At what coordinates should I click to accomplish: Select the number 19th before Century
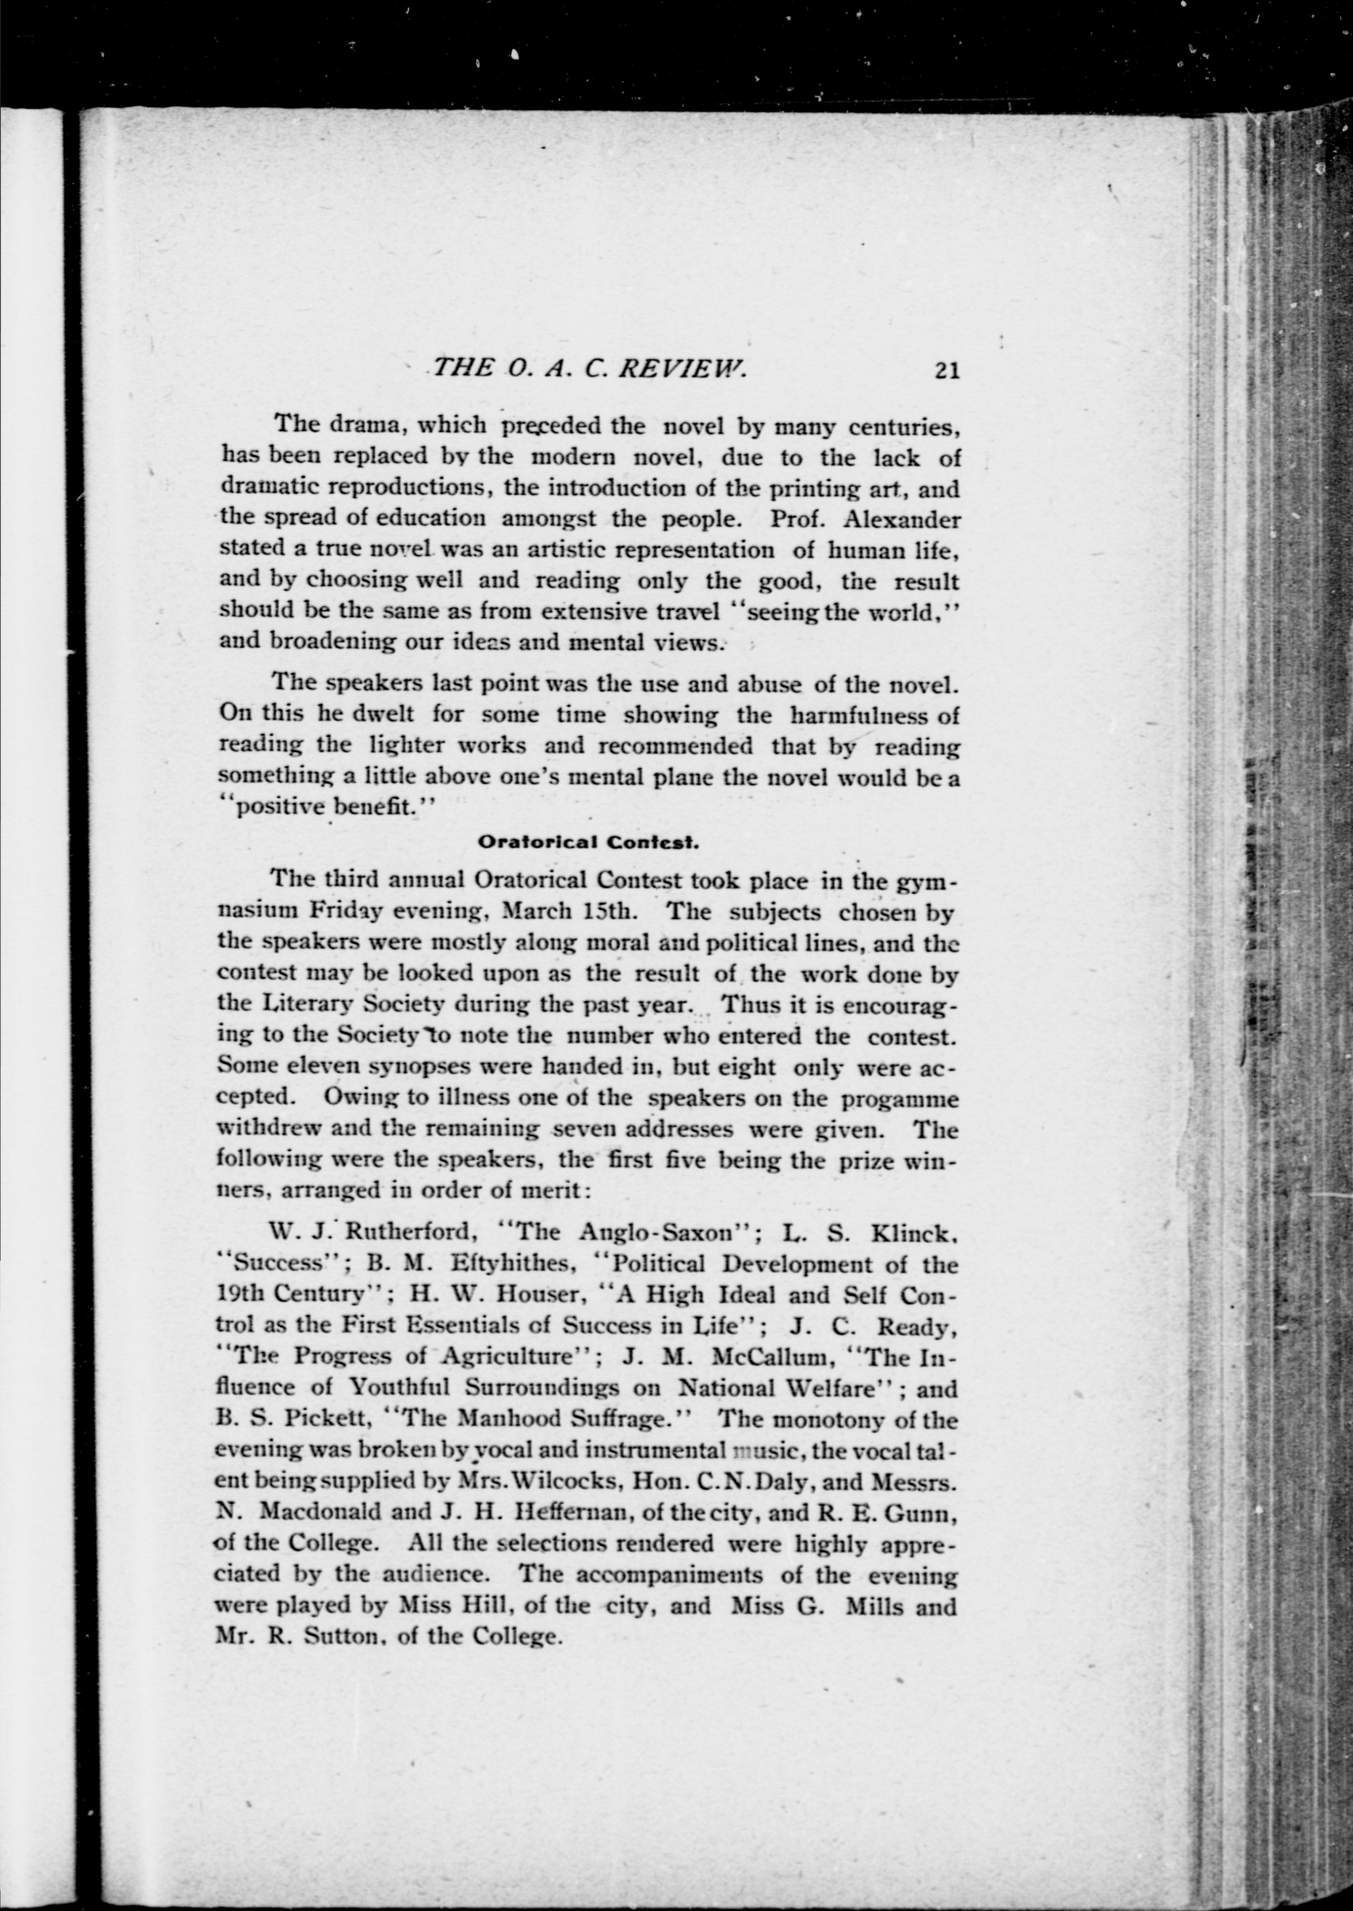pyautogui.click(x=241, y=1295)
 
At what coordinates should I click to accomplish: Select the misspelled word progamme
pyautogui.click(x=900, y=1099)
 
